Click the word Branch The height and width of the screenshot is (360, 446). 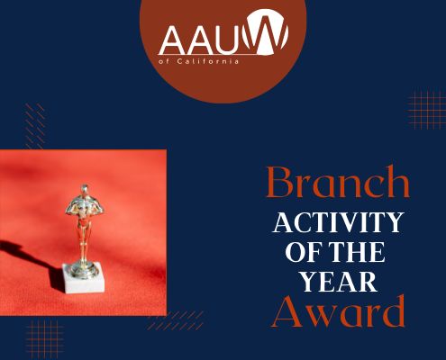(x=339, y=183)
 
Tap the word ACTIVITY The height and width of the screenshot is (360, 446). (x=338, y=222)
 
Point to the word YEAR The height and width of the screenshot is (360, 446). (x=339, y=282)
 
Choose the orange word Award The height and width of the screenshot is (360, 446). (x=338, y=312)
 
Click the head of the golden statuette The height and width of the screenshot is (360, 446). (x=85, y=190)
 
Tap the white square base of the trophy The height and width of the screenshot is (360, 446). (x=83, y=278)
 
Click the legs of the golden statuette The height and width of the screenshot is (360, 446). (x=84, y=240)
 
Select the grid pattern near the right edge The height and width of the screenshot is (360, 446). (x=427, y=110)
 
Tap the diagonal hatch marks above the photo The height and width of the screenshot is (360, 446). (x=35, y=126)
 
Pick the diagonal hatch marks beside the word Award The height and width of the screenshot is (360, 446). (x=176, y=320)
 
